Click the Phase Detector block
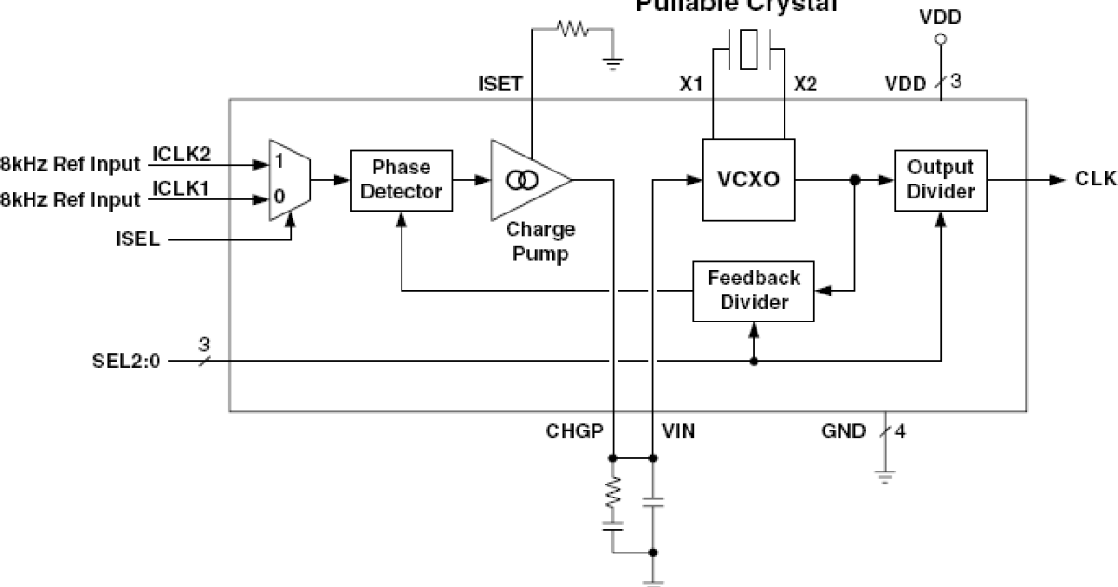[x=401, y=180]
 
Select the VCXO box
[x=749, y=180]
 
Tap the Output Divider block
[x=940, y=180]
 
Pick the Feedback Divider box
[x=754, y=291]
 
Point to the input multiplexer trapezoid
[x=288, y=180]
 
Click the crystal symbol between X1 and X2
[x=748, y=49]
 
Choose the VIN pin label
[x=677, y=431]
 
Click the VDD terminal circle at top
[x=940, y=40]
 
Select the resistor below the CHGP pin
[x=613, y=494]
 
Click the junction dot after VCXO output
[x=853, y=181]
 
